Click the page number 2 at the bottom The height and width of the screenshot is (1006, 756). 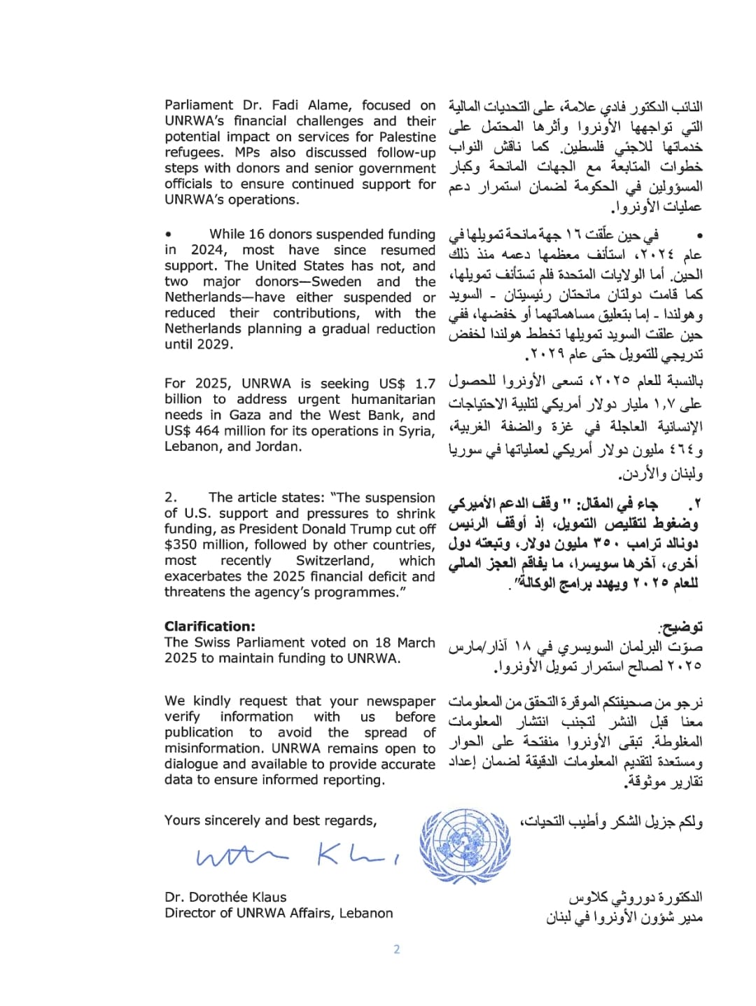[397, 949]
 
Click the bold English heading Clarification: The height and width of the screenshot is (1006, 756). [210, 627]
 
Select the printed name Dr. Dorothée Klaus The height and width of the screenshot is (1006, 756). [225, 897]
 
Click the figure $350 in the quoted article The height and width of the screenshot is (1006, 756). [179, 545]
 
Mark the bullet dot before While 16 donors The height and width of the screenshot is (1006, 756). [169, 235]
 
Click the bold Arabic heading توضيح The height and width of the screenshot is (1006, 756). [682, 627]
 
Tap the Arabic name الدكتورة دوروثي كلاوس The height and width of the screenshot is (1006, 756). [635, 897]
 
